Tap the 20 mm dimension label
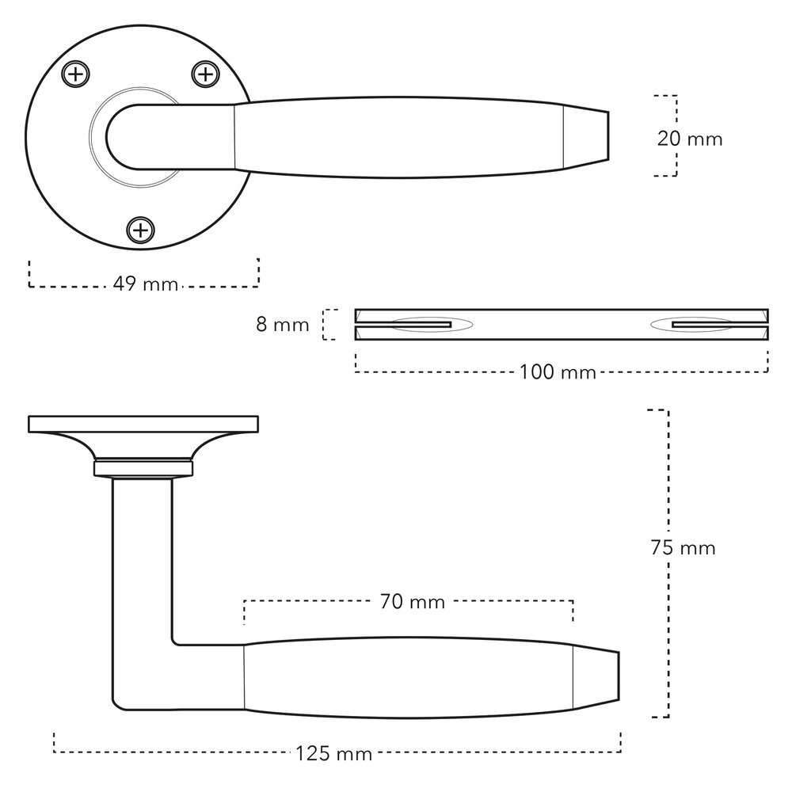point(690,139)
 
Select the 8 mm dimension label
point(283,325)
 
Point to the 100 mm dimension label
point(558,371)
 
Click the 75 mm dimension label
point(683,547)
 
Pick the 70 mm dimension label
point(413,602)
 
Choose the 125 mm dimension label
point(334,753)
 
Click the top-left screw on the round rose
point(75,75)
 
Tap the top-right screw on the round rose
point(204,75)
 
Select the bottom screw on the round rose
point(140,230)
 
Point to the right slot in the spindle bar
point(702,325)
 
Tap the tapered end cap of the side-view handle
point(595,676)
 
